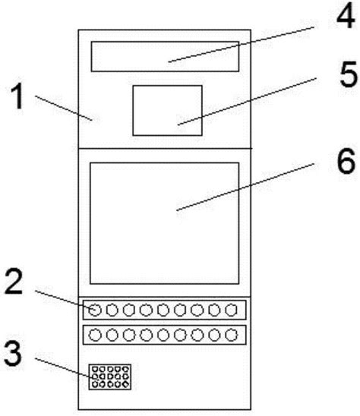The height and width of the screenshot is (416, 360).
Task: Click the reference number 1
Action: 17,96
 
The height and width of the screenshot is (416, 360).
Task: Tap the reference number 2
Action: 14,281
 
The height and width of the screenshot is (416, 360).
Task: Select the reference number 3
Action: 12,354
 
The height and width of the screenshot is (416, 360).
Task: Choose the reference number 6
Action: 346,161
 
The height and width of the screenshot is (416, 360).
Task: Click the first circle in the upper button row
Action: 95,310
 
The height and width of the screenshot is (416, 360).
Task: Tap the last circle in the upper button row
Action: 231,310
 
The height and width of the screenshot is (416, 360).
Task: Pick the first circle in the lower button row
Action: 95,335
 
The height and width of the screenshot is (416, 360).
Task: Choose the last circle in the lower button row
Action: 231,335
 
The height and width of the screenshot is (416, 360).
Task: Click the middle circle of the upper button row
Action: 163,310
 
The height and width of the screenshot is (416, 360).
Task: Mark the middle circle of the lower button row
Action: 163,335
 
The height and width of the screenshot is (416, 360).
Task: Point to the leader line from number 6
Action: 245,187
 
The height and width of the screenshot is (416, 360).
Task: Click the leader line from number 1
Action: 64,108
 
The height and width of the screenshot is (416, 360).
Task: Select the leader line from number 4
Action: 241,44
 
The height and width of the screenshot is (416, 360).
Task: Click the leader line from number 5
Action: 247,101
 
